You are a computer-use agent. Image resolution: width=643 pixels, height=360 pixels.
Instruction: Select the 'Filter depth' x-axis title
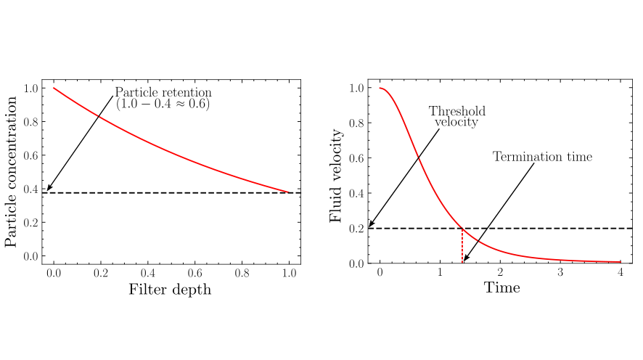[171, 290]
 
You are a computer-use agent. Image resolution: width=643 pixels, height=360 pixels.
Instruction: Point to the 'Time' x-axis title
[501, 288]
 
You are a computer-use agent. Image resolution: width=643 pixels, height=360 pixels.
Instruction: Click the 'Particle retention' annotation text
[163, 93]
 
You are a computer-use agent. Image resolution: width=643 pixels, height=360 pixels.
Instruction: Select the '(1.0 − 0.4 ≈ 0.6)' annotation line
[163, 105]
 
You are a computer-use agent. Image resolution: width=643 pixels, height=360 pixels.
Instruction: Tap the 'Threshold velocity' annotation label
[456, 117]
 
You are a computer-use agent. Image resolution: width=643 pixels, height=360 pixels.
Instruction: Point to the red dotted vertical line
[462, 245]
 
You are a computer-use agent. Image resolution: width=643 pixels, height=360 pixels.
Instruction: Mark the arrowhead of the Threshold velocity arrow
[370, 226]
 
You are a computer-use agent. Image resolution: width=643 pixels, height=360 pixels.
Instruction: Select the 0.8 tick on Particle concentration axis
[31, 122]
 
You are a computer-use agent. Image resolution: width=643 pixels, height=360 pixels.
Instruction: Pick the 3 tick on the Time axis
[560, 272]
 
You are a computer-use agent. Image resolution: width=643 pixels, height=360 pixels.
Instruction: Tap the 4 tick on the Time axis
[620, 272]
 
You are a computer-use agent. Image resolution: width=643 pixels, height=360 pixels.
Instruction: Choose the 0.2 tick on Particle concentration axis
[31, 223]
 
